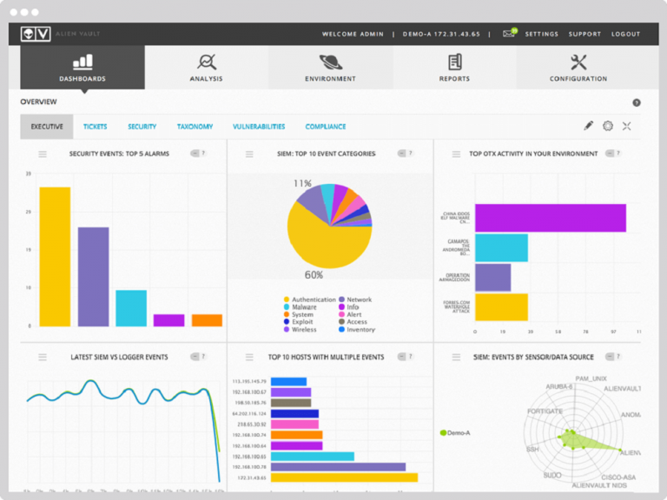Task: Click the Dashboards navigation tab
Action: pos(83,68)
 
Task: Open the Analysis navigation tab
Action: pos(206,68)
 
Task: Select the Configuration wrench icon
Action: pos(578,62)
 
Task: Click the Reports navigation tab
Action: pos(454,68)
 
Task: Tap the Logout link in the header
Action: pos(625,34)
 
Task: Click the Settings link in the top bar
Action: pos(541,34)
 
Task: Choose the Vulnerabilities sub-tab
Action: pos(259,127)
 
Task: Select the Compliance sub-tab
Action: pos(326,127)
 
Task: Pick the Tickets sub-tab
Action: pos(96,127)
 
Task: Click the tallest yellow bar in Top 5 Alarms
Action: pos(55,256)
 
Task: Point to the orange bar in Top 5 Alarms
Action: pos(207,320)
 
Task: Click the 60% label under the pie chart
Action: pos(314,275)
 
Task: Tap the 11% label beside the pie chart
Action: pos(302,183)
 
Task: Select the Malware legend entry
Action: pos(303,307)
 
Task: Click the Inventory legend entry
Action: pos(360,330)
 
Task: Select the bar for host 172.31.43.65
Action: pos(344,477)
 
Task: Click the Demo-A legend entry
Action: pos(456,431)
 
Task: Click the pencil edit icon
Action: pos(588,126)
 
